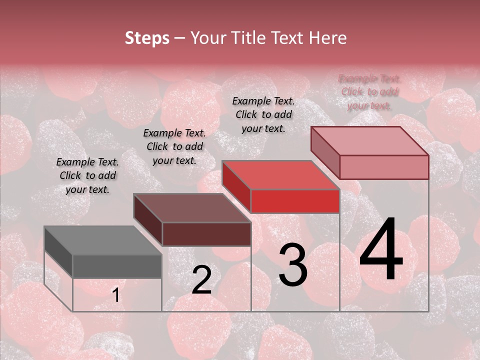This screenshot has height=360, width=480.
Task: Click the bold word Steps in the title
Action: pos(147,38)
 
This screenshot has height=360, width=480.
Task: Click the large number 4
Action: pos(381,249)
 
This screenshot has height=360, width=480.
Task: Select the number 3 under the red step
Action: pos(292,265)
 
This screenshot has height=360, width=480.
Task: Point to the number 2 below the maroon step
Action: pos(201,280)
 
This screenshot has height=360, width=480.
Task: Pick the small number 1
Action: pos(115,295)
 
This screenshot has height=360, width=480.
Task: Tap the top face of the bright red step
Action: pos(280,175)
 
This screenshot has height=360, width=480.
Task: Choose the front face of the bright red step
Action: pos(295,201)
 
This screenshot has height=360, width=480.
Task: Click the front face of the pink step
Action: pos(384,167)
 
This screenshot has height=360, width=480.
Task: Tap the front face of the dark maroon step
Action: pos(206,234)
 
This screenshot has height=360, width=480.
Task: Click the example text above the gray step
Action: pos(87,175)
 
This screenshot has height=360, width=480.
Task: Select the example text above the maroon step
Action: pos(174,146)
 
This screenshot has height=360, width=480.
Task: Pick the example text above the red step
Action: pos(263,114)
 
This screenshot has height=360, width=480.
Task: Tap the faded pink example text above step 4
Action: pos(369,92)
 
